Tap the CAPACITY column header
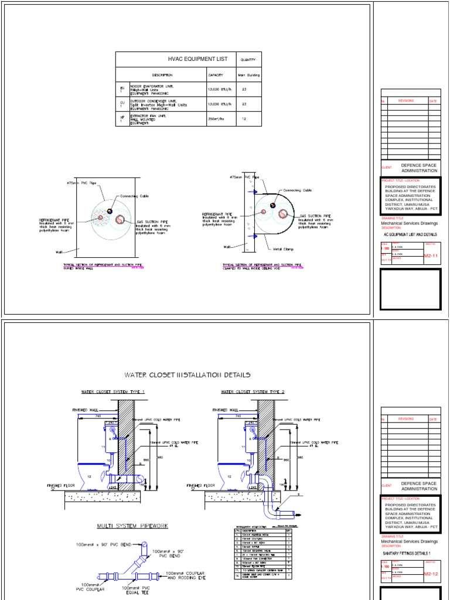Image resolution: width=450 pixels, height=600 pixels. click(x=215, y=75)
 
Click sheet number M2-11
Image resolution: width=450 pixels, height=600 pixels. click(x=431, y=255)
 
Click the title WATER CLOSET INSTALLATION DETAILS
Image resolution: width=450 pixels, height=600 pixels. click(x=187, y=374)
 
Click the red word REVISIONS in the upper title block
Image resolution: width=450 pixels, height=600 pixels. click(x=406, y=101)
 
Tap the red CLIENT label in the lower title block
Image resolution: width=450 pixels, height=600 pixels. click(x=386, y=486)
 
